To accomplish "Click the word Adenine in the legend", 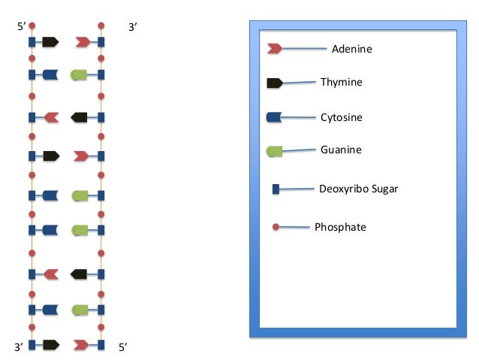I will [351, 49].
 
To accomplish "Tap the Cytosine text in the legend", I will [342, 117].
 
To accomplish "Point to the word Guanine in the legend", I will [341, 150].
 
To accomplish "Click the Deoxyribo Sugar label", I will [357, 189].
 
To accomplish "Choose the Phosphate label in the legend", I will [340, 226].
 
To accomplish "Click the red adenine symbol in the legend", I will [274, 49].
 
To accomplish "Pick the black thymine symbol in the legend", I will [274, 83].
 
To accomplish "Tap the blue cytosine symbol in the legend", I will [274, 117].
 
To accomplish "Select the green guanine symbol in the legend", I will [274, 152].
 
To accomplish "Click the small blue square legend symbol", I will [276, 189].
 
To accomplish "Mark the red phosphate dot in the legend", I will [276, 226].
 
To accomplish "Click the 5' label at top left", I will [21, 27].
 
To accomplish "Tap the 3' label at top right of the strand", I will [133, 27].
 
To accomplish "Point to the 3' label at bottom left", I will [20, 347].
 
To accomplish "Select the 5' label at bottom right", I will [123, 347].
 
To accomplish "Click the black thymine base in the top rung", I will [50, 42].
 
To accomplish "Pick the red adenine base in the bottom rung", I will [82, 345].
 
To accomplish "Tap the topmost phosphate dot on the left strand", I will [32, 26].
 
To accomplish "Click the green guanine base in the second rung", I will [79, 74].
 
